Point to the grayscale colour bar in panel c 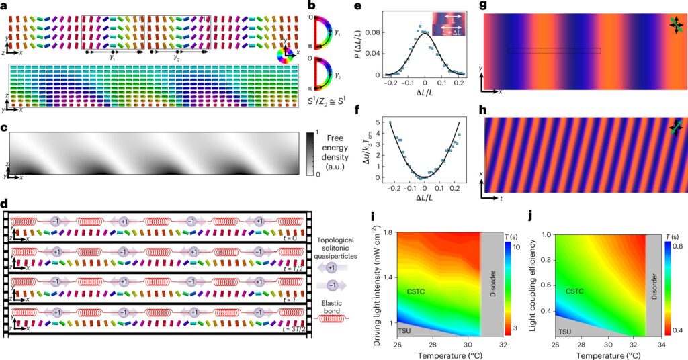(311, 154)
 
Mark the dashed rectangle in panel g (554, 50)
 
